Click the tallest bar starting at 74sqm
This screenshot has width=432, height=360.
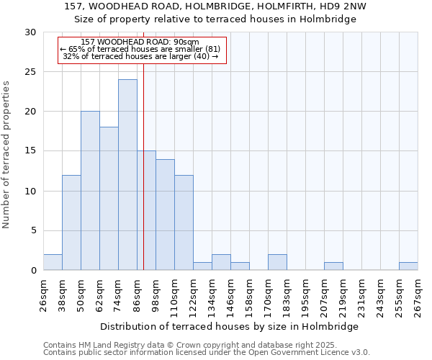click(x=127, y=174)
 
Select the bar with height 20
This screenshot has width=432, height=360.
click(x=90, y=191)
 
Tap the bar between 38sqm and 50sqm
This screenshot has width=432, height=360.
click(x=71, y=222)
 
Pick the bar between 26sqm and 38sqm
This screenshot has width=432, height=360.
click(x=53, y=262)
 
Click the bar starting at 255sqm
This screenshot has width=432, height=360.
click(x=408, y=266)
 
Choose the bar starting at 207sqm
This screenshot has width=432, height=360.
click(x=333, y=266)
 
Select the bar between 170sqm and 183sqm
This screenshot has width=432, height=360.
click(x=277, y=262)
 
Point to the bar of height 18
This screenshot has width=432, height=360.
click(x=109, y=199)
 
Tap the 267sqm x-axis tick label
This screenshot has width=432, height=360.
click(x=418, y=295)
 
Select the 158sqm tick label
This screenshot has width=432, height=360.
click(x=249, y=295)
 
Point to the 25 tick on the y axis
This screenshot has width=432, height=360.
click(x=30, y=72)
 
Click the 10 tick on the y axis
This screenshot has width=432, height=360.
click(x=30, y=192)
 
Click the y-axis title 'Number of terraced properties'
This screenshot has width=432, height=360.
click(x=7, y=154)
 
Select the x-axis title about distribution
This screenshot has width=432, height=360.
click(x=230, y=326)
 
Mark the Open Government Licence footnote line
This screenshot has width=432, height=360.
click(x=207, y=353)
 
